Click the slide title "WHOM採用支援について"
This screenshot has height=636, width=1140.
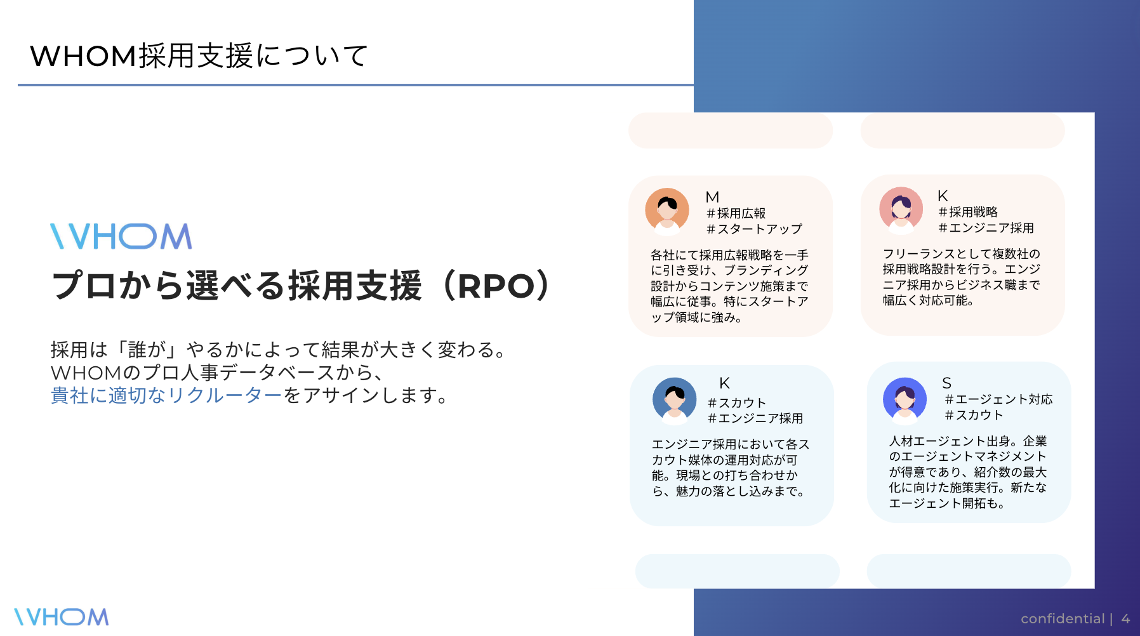click(x=199, y=56)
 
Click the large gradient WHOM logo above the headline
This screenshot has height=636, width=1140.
click(x=121, y=236)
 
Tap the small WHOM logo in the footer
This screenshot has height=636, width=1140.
click(x=62, y=617)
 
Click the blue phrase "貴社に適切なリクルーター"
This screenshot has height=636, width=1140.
click(x=166, y=395)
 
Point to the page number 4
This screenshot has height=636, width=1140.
click(x=1125, y=619)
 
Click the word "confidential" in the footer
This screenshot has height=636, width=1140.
click(x=1063, y=619)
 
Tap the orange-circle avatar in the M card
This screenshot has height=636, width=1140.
click(x=667, y=210)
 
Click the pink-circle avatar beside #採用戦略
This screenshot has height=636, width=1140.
click(x=901, y=209)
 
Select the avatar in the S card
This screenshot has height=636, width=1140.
click(x=905, y=399)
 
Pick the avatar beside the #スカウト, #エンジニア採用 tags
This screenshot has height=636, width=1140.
click(x=674, y=400)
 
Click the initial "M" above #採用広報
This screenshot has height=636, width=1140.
click(x=712, y=197)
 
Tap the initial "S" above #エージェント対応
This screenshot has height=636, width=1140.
click(x=946, y=383)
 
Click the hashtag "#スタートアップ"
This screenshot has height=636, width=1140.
click(x=754, y=229)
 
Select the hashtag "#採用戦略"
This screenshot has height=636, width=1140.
click(x=968, y=212)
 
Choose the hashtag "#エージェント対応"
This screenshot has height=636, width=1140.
click(x=998, y=399)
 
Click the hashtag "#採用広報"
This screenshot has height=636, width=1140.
click(x=736, y=213)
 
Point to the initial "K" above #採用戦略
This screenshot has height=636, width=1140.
click(x=943, y=196)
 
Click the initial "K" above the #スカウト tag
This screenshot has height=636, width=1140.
click(x=724, y=383)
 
